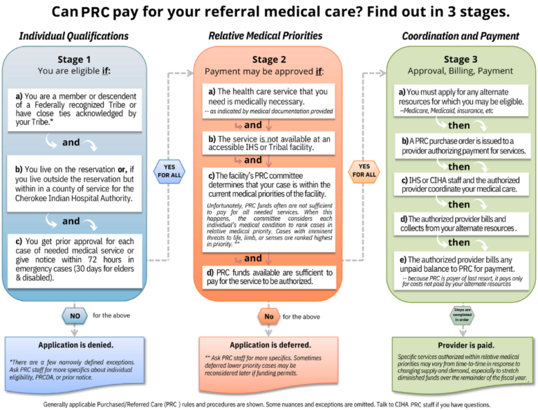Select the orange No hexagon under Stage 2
coord(268,316)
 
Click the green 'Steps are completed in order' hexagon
coord(462,313)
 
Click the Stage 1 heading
coord(74,60)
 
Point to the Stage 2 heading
coord(269,60)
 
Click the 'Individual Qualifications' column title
coord(74,36)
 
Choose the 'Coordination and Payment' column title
coord(460,36)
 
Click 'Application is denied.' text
coord(76,345)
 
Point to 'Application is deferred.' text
coord(270,345)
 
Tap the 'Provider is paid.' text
coord(462,345)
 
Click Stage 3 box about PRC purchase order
coord(463,146)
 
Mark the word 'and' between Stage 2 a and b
coord(253,125)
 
